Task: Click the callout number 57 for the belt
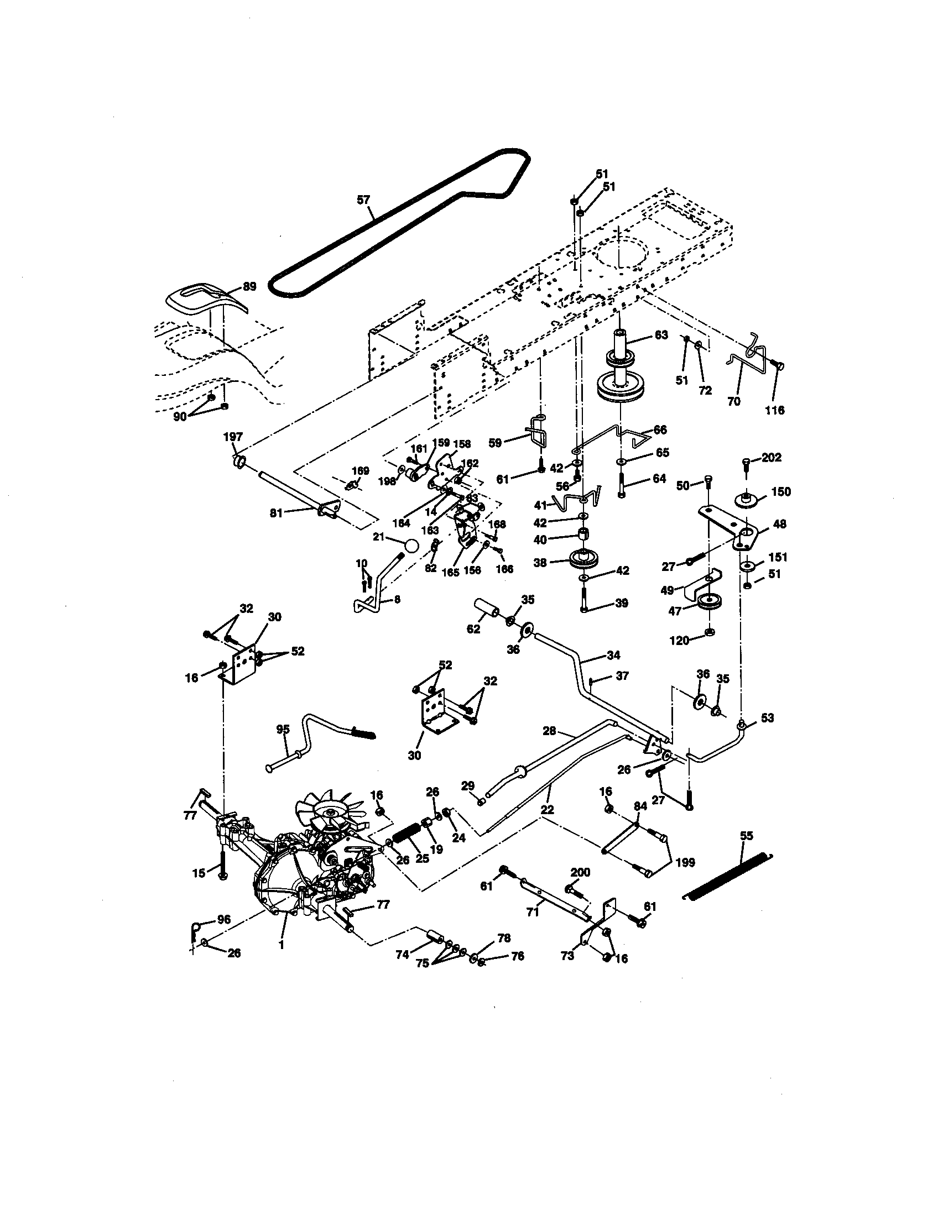(363, 200)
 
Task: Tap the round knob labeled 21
(410, 545)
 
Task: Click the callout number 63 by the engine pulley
(660, 335)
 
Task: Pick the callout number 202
(772, 458)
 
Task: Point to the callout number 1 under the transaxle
(282, 945)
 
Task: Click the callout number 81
(277, 513)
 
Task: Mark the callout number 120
(680, 641)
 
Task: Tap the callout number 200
(580, 872)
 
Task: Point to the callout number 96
(223, 920)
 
